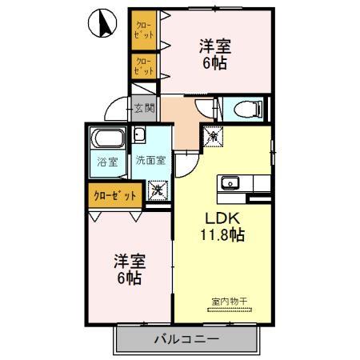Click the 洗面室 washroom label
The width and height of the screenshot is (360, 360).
coord(150,159)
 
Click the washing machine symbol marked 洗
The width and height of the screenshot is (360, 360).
coord(158,190)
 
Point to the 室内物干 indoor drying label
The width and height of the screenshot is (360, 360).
coord(230,302)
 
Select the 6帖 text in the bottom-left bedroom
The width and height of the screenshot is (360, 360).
coord(128,278)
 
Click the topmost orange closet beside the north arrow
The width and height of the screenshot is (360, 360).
coord(144,30)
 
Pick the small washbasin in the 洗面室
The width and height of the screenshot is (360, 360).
coord(138,134)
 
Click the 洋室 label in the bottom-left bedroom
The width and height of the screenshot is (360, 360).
coord(128,260)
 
